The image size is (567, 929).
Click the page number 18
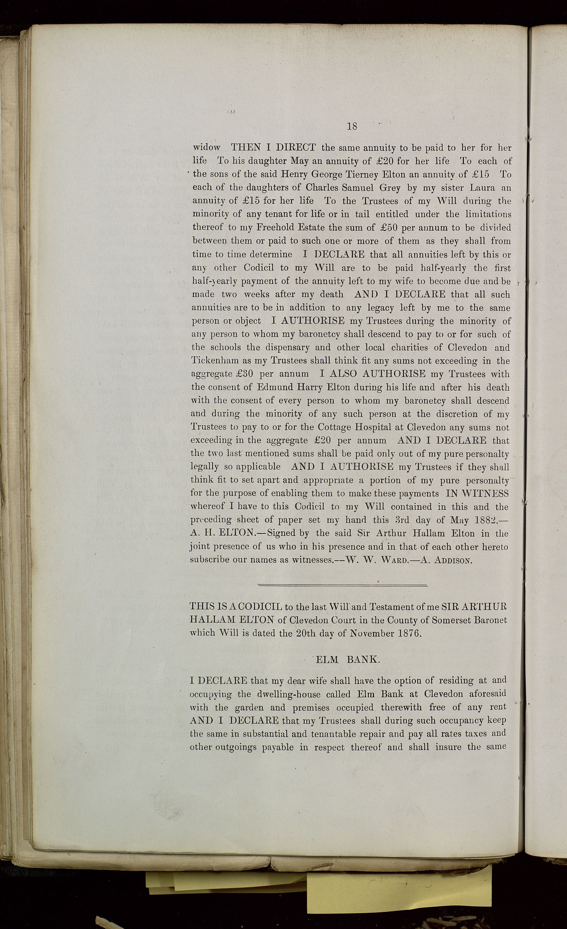(352, 126)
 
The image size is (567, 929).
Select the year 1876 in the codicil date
(409, 633)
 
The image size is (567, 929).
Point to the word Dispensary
(288, 347)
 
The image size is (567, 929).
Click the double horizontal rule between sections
(342, 586)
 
